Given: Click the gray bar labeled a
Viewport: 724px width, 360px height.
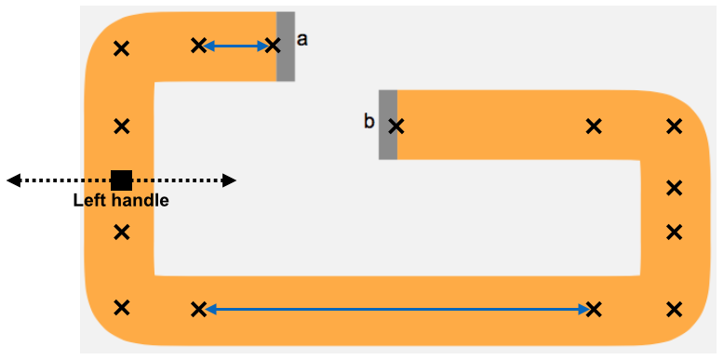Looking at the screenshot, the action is pos(286,47).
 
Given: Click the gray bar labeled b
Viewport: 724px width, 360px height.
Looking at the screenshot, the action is pos(388,125).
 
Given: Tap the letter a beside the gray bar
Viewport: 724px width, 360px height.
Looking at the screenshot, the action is pos(302,40).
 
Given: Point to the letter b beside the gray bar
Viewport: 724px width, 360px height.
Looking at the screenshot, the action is pos(369,122).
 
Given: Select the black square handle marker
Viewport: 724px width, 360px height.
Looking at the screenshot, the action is pos(121,180).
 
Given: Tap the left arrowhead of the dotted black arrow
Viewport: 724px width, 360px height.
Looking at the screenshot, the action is pos(13,180).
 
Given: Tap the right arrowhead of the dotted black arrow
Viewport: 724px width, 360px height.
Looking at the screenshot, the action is pos(230,180).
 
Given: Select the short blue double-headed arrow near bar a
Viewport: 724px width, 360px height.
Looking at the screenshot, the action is pos(236,46).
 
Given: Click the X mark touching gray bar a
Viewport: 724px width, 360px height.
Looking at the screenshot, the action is pos(273,46).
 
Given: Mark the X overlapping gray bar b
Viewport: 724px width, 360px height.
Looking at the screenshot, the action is pos(396,127).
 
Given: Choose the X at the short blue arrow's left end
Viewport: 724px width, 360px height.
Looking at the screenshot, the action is pos(198,46).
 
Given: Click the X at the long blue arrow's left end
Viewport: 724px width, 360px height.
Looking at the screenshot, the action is pos(198,309).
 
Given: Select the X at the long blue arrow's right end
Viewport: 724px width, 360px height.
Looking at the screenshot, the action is pos(594,309).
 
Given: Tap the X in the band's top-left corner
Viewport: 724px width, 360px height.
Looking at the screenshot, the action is pos(121,48).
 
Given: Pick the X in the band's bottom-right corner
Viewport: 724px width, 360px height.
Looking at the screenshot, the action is pos(675,309).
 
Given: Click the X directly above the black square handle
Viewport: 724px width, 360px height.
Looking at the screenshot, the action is pos(121,126).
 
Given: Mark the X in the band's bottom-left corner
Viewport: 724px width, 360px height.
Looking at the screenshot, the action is pos(121,307).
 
